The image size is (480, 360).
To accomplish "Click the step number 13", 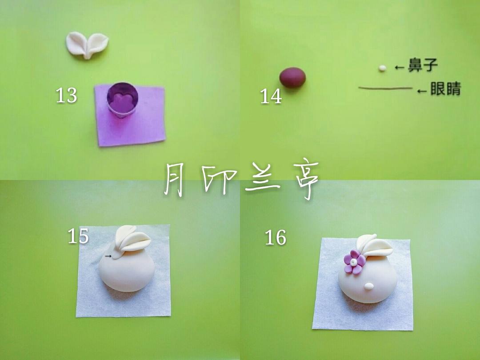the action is pos(66,95).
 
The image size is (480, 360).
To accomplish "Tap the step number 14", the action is pos(271,96).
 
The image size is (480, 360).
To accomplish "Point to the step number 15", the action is pos(78,236).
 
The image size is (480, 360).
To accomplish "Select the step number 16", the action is pos(276,237).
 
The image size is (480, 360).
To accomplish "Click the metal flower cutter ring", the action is pos(122,100).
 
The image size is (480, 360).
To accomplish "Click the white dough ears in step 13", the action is pos(87,45).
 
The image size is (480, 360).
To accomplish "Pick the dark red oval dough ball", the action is pos(292,77).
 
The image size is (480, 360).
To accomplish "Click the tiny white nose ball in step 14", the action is pos(382,68).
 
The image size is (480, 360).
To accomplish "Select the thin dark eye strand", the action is pos(385,88).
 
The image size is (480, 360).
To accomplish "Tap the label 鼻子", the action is pos(423,65).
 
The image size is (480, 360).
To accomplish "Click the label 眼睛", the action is pos(445,88).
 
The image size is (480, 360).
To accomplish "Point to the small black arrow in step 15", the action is pos(108,256).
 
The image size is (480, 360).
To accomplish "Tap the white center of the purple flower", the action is pos(354,262).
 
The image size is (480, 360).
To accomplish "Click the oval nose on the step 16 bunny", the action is pos(369,286).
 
